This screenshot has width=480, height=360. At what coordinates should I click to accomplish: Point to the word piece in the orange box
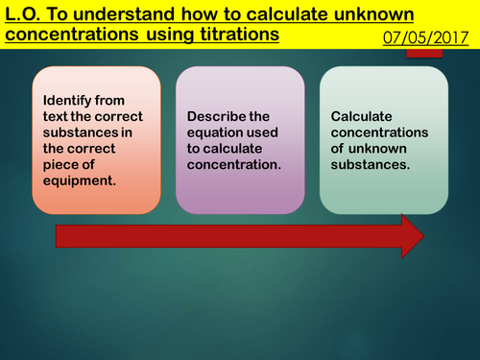(62, 164)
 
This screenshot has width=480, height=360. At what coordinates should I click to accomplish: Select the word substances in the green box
(369, 164)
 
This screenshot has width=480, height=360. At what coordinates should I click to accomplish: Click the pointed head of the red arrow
(412, 236)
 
